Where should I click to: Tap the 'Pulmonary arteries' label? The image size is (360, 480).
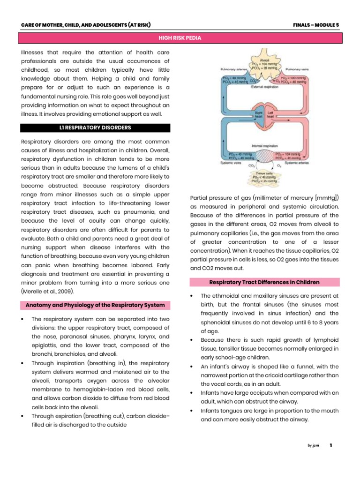[234, 69]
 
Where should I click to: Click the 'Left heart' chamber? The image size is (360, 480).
[270, 114]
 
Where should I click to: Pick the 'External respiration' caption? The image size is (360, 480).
[264, 87]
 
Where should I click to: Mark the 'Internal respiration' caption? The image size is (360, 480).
[264, 146]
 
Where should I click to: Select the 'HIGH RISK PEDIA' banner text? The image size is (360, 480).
[180, 38]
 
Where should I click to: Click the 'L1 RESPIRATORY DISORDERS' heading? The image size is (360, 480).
[95, 127]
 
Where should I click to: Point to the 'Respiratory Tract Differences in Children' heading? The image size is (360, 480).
[264, 282]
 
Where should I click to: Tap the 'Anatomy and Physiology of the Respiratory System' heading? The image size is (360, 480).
[95, 305]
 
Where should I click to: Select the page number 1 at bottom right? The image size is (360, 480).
[331, 445]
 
